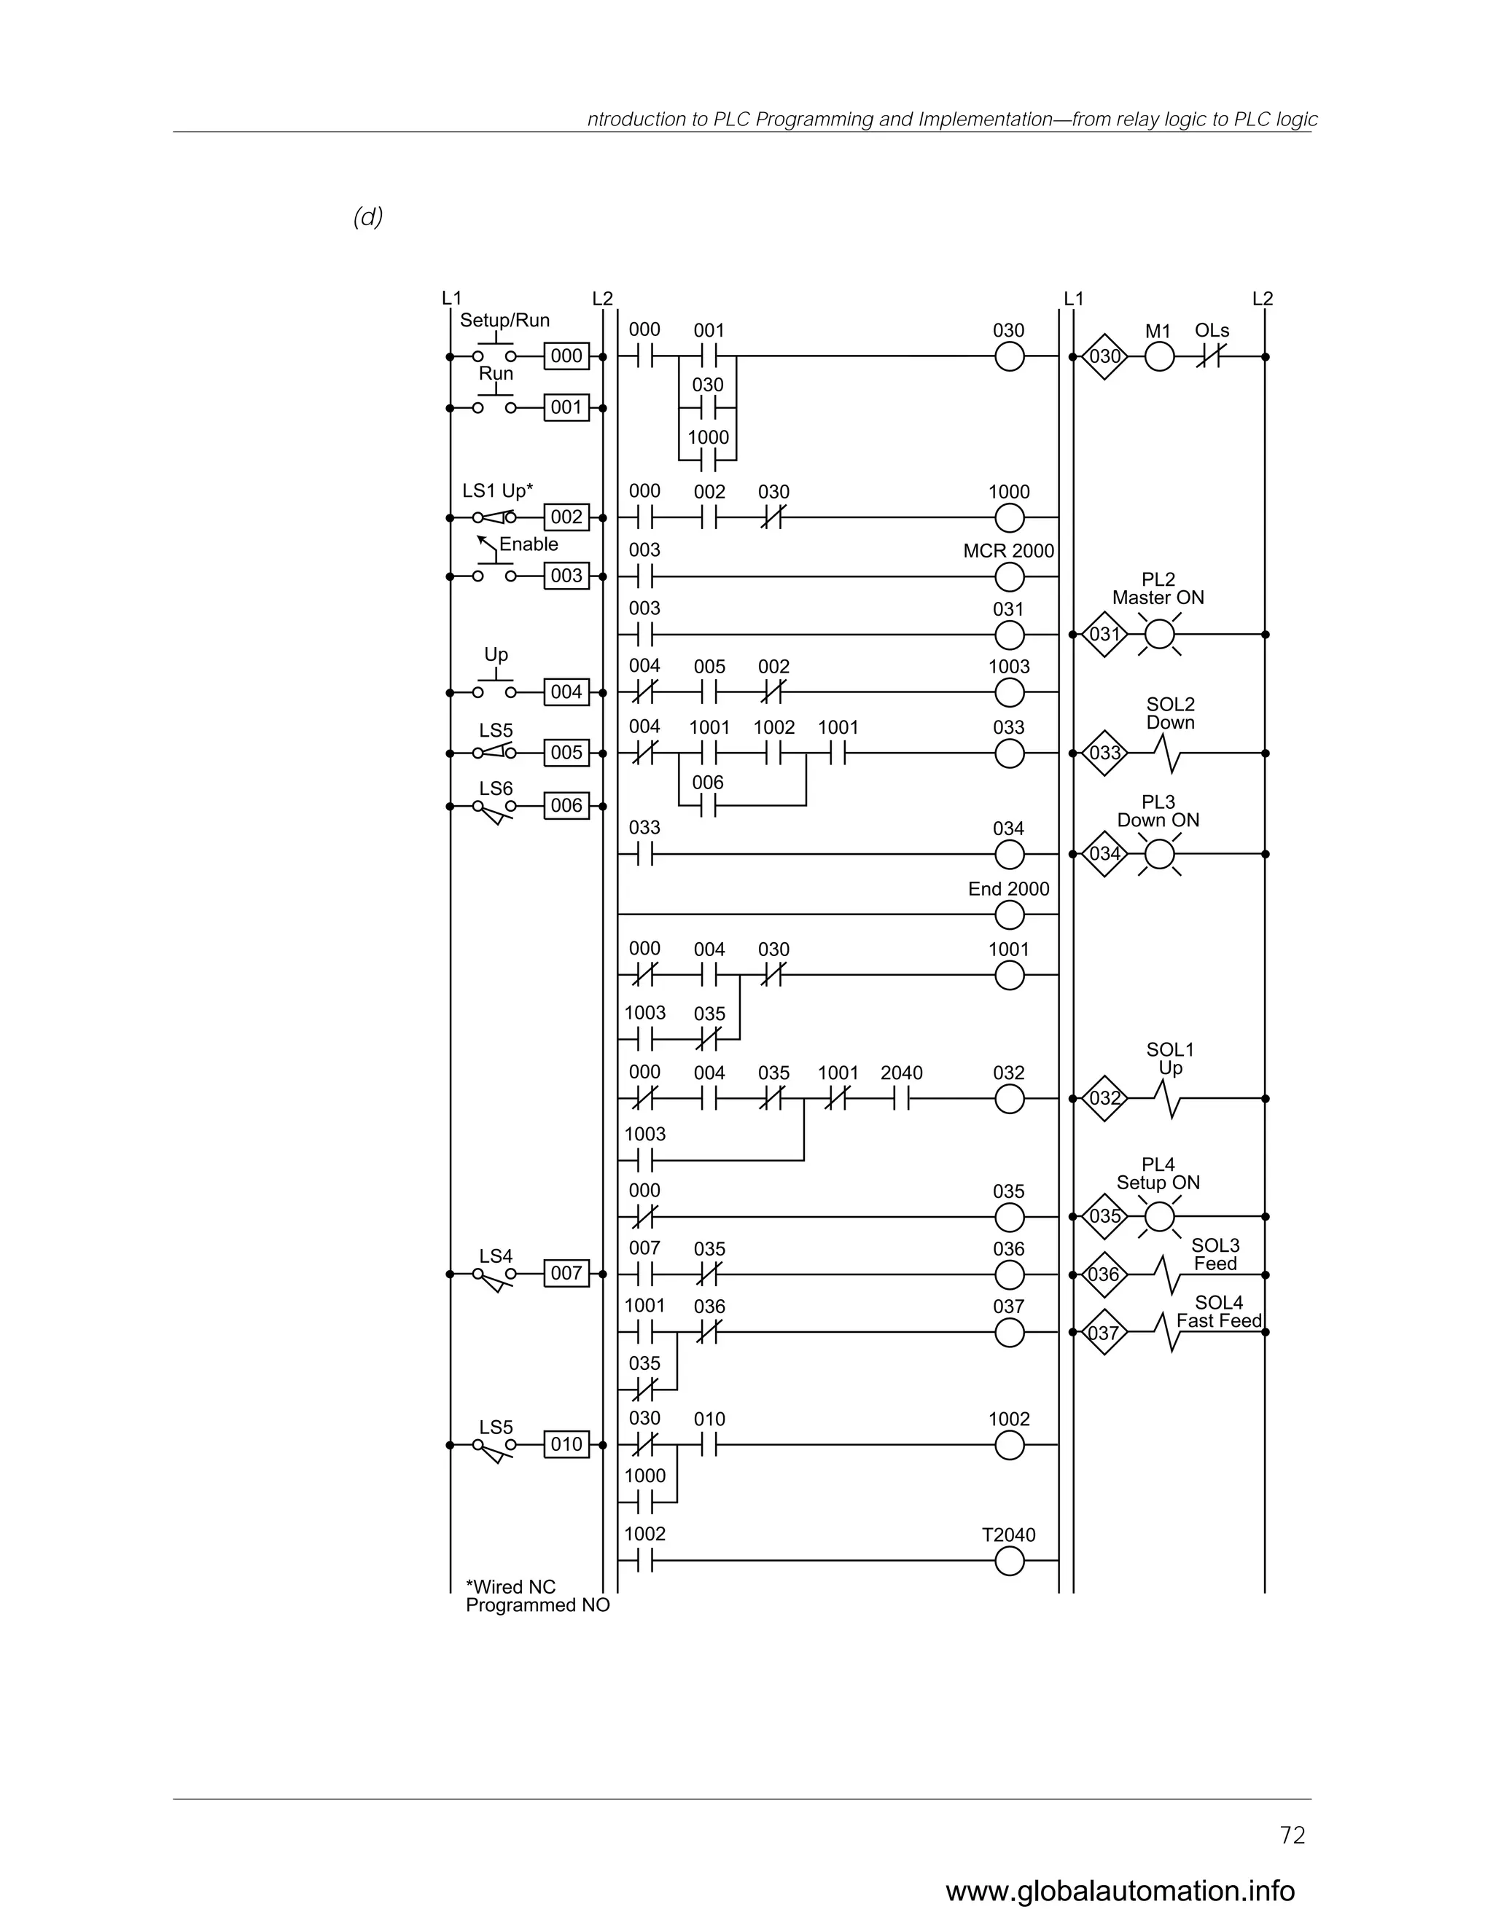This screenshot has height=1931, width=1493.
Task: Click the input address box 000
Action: pos(566,356)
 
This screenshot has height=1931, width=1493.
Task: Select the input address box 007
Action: pos(566,1273)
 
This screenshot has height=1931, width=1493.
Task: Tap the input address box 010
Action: pos(566,1445)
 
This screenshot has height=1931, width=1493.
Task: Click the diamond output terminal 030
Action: pos(1104,356)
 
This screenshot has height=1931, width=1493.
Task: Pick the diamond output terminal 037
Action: pos(1104,1333)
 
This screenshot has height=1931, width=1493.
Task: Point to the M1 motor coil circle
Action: pos(1158,357)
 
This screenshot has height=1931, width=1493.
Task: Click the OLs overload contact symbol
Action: pos(1209,357)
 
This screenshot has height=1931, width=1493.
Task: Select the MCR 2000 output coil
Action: pos(1009,577)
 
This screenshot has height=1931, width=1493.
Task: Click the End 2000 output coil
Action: pos(1009,915)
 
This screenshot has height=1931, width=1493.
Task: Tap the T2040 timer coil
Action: pos(1009,1562)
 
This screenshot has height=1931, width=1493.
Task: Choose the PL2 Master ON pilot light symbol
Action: pos(1158,634)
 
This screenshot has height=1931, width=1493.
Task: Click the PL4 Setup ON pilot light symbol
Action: pos(1158,1218)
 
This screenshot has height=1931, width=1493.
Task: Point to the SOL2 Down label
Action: pos(1170,713)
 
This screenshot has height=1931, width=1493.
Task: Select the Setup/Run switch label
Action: pos(504,320)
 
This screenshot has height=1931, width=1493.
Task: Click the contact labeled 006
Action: pos(708,805)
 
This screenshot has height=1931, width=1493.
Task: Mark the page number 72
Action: pos(1293,1836)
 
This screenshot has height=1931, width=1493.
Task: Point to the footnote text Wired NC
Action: pos(511,1587)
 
